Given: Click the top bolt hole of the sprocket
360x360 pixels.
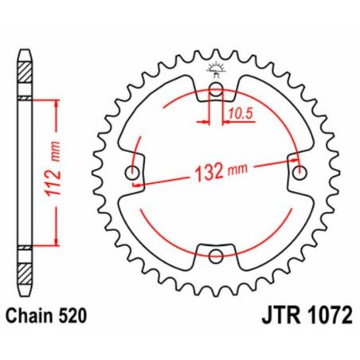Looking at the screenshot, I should click(216, 89).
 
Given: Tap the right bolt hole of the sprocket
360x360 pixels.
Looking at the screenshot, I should click(299, 172).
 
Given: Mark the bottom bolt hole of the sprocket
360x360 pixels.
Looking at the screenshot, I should click(216, 255).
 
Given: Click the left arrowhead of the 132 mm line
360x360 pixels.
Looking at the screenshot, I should click(137, 182).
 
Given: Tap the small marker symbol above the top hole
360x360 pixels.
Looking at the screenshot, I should click(216, 69).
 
